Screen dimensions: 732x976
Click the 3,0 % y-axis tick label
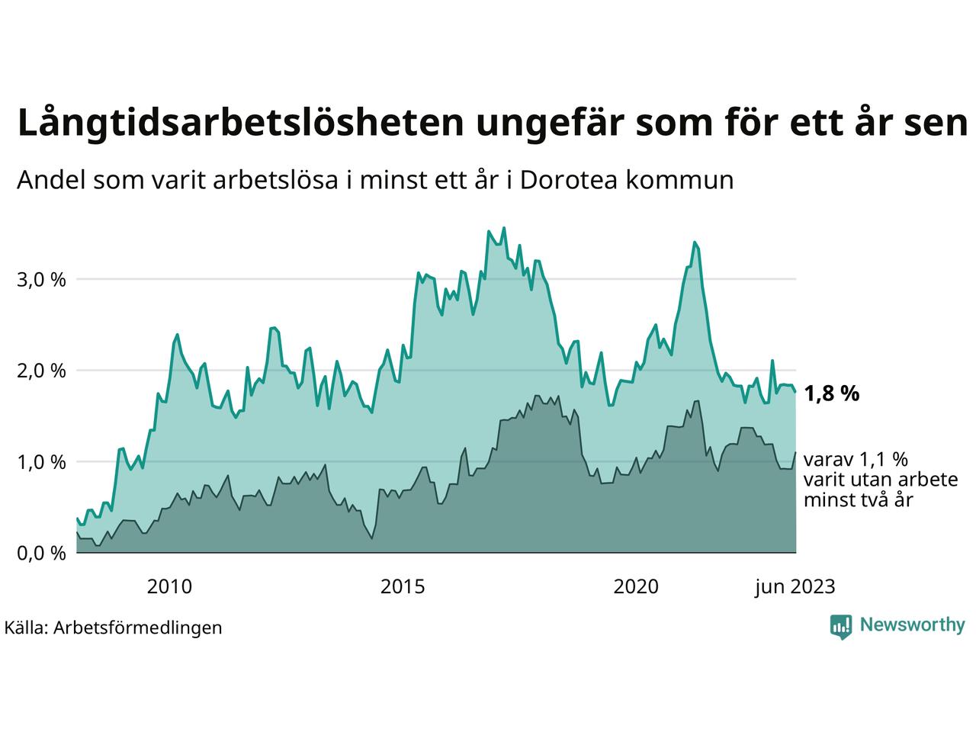41,279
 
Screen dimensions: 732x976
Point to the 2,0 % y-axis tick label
41,371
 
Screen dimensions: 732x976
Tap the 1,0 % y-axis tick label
41,462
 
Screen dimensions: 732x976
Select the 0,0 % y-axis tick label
41,554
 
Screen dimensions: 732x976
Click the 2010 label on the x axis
169,587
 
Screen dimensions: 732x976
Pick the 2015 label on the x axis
403,587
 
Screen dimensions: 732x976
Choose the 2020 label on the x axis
637,587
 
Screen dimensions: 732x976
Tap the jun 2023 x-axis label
795,587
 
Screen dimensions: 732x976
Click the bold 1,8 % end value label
831,394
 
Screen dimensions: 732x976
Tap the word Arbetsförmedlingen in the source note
138,628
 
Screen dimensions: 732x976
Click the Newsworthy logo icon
841,626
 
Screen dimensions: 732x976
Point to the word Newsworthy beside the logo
912,625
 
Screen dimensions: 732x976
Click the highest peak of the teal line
504,227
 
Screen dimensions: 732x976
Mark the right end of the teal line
795,391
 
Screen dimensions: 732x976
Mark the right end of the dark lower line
795,453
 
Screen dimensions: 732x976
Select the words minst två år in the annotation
859,500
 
